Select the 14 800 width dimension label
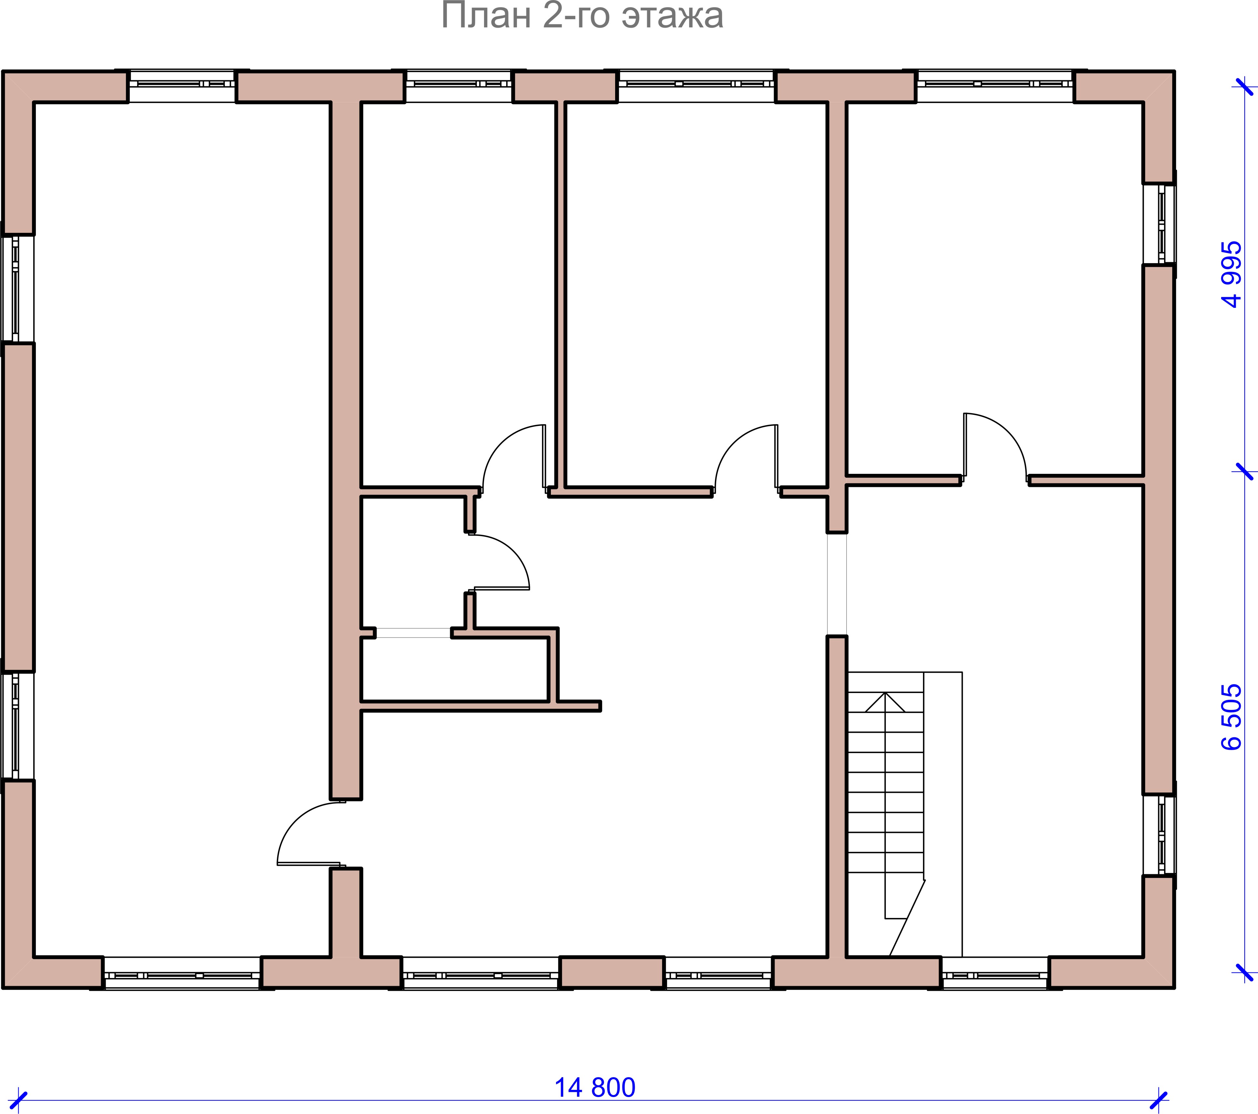[595, 1088]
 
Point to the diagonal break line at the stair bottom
[907, 918]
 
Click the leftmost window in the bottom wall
[182, 973]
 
